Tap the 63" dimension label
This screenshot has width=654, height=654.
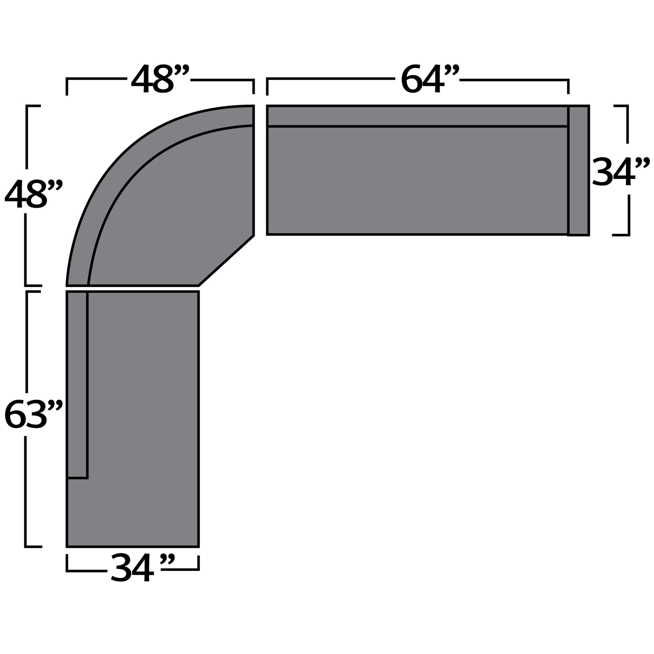point(33,414)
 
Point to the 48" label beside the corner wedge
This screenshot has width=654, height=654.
point(33,194)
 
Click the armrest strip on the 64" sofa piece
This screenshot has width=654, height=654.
point(578,170)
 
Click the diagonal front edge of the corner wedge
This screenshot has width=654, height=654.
point(226,260)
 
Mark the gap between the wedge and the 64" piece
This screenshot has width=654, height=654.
point(260,169)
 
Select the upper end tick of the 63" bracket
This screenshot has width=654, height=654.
point(33,291)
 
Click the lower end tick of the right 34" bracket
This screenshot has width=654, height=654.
point(621,234)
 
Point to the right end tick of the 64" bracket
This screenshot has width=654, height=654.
point(568,87)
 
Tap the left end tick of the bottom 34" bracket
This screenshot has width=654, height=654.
point(67,563)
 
